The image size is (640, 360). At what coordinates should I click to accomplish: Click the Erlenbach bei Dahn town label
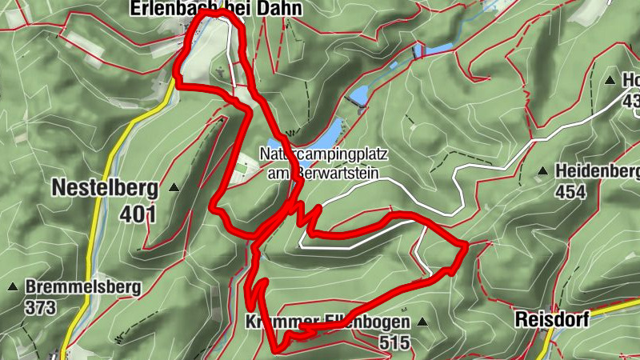click(x=206, y=9)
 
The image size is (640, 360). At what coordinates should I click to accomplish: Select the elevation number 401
click(x=139, y=214)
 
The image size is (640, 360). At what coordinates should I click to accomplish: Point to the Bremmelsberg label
click(x=83, y=286)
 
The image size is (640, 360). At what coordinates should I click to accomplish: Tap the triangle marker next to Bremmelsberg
click(x=13, y=286)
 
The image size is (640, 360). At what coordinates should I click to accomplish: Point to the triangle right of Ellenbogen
click(x=422, y=322)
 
